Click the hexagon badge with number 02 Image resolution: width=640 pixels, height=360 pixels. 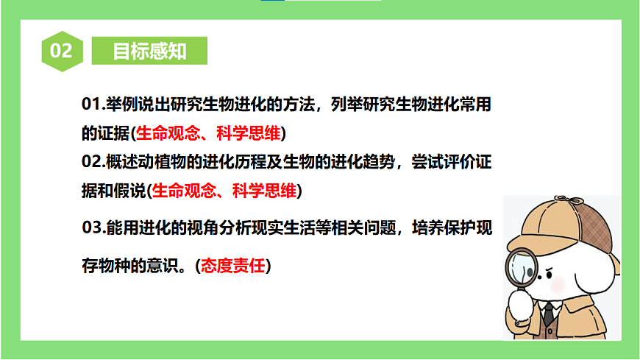tap(61, 51)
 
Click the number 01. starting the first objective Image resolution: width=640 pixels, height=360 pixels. tap(93, 105)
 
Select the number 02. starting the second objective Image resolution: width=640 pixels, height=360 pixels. tap(95, 161)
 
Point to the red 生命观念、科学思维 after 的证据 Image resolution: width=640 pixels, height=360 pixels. tap(209, 133)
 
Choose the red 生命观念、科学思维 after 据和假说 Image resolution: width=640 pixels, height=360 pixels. tap(224, 191)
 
